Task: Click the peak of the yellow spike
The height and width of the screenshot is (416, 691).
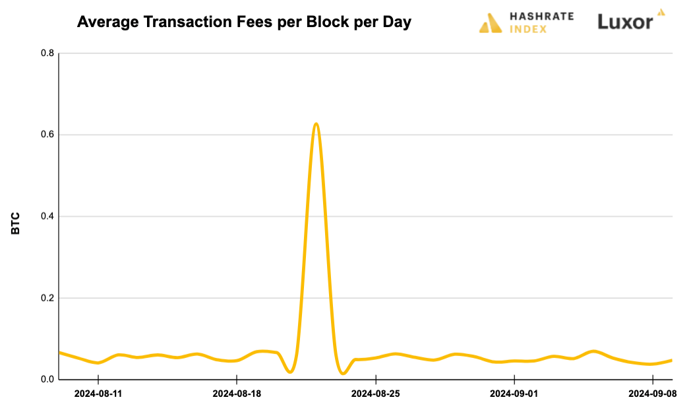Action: coord(316,124)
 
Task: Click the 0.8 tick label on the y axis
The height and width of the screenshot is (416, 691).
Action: coord(47,53)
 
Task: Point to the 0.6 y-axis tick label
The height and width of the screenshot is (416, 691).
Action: coord(47,134)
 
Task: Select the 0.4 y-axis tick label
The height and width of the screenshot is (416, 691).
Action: coord(47,216)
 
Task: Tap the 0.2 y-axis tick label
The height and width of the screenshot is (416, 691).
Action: coord(47,298)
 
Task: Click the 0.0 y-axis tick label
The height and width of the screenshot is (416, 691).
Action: coord(47,380)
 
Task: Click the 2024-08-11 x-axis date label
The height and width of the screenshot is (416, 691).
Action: coord(98,394)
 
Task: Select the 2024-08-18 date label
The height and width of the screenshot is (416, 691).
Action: coord(237,394)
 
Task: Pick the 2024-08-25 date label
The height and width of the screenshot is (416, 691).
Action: coord(375,394)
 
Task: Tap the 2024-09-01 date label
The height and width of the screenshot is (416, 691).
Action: coord(514,394)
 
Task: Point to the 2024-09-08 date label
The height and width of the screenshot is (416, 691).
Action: coord(653,394)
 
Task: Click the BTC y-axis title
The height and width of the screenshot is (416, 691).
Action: coord(16,223)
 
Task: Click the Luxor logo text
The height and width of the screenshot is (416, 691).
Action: coord(625,22)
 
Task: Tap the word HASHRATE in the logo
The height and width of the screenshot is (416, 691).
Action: coord(541,16)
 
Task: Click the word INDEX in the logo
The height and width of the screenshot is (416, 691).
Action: coord(528,29)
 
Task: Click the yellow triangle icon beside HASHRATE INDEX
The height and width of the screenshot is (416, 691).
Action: coord(491,23)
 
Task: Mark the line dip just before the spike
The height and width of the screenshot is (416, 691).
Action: coord(290,372)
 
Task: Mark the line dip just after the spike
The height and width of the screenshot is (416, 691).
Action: coord(343,373)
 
